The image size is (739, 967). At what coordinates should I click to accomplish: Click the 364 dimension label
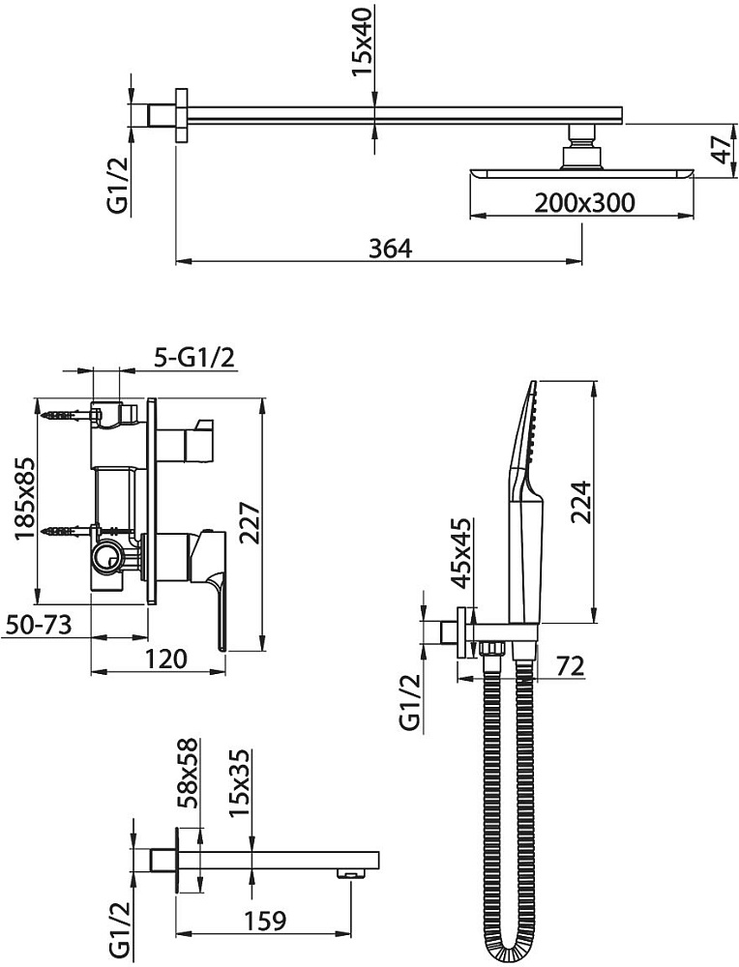click(x=390, y=249)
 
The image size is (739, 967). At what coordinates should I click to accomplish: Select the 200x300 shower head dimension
click(x=583, y=202)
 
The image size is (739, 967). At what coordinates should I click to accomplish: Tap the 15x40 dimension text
click(x=362, y=42)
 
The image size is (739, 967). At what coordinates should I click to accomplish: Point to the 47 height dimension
click(x=722, y=150)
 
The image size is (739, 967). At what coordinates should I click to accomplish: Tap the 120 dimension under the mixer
click(x=166, y=659)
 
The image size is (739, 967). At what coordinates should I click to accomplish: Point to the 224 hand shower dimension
click(x=581, y=501)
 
